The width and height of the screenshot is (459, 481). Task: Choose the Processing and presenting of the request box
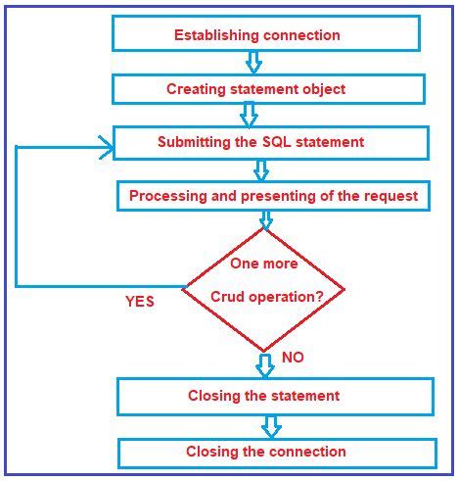(273, 196)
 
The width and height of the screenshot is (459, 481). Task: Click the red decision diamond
(263, 288)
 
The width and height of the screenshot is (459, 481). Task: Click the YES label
(139, 302)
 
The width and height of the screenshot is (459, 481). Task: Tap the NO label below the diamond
(293, 358)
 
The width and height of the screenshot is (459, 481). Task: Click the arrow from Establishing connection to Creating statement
(253, 62)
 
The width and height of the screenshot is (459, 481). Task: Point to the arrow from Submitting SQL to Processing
(260, 170)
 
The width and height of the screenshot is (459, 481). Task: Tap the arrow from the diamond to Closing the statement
(264, 365)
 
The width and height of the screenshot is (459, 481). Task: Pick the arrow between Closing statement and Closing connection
(271, 425)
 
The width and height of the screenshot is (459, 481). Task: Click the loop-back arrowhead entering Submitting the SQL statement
(103, 147)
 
